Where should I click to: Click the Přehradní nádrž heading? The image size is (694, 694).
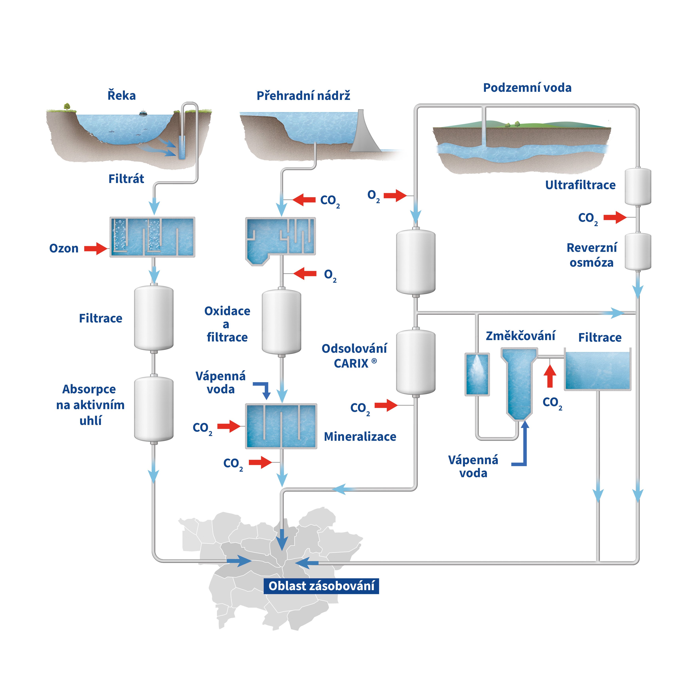303,96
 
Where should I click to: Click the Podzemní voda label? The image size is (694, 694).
527,88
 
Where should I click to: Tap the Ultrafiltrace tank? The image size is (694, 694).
638,186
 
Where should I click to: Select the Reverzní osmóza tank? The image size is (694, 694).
638,251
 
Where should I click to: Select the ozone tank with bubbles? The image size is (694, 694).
152,237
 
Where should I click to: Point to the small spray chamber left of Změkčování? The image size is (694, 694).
477,374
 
